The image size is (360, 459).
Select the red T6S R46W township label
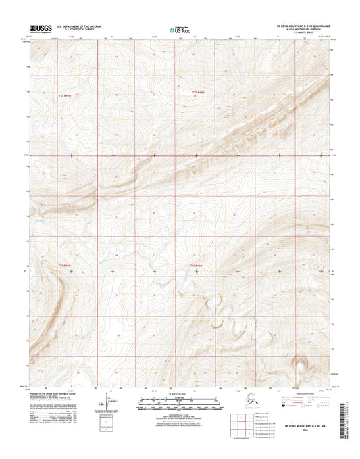[64, 266]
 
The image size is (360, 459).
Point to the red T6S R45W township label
[197, 265]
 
